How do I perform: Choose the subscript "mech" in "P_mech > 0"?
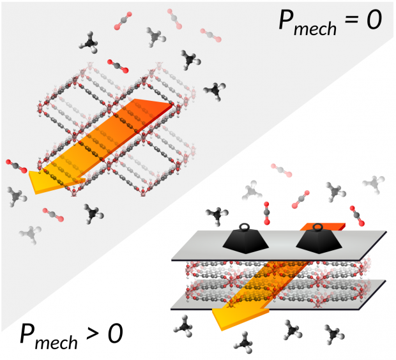[57, 341]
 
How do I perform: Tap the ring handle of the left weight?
[245, 226]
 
